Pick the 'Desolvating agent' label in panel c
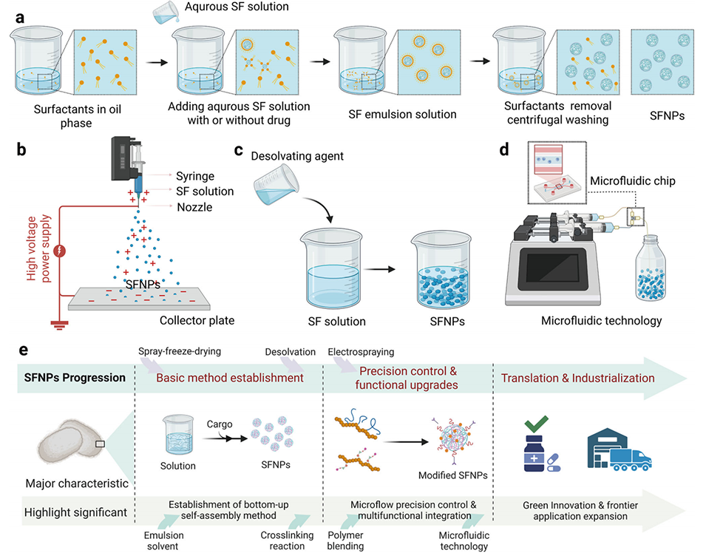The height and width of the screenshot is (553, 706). [296, 157]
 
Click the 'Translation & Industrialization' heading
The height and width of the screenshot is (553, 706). [577, 378]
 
